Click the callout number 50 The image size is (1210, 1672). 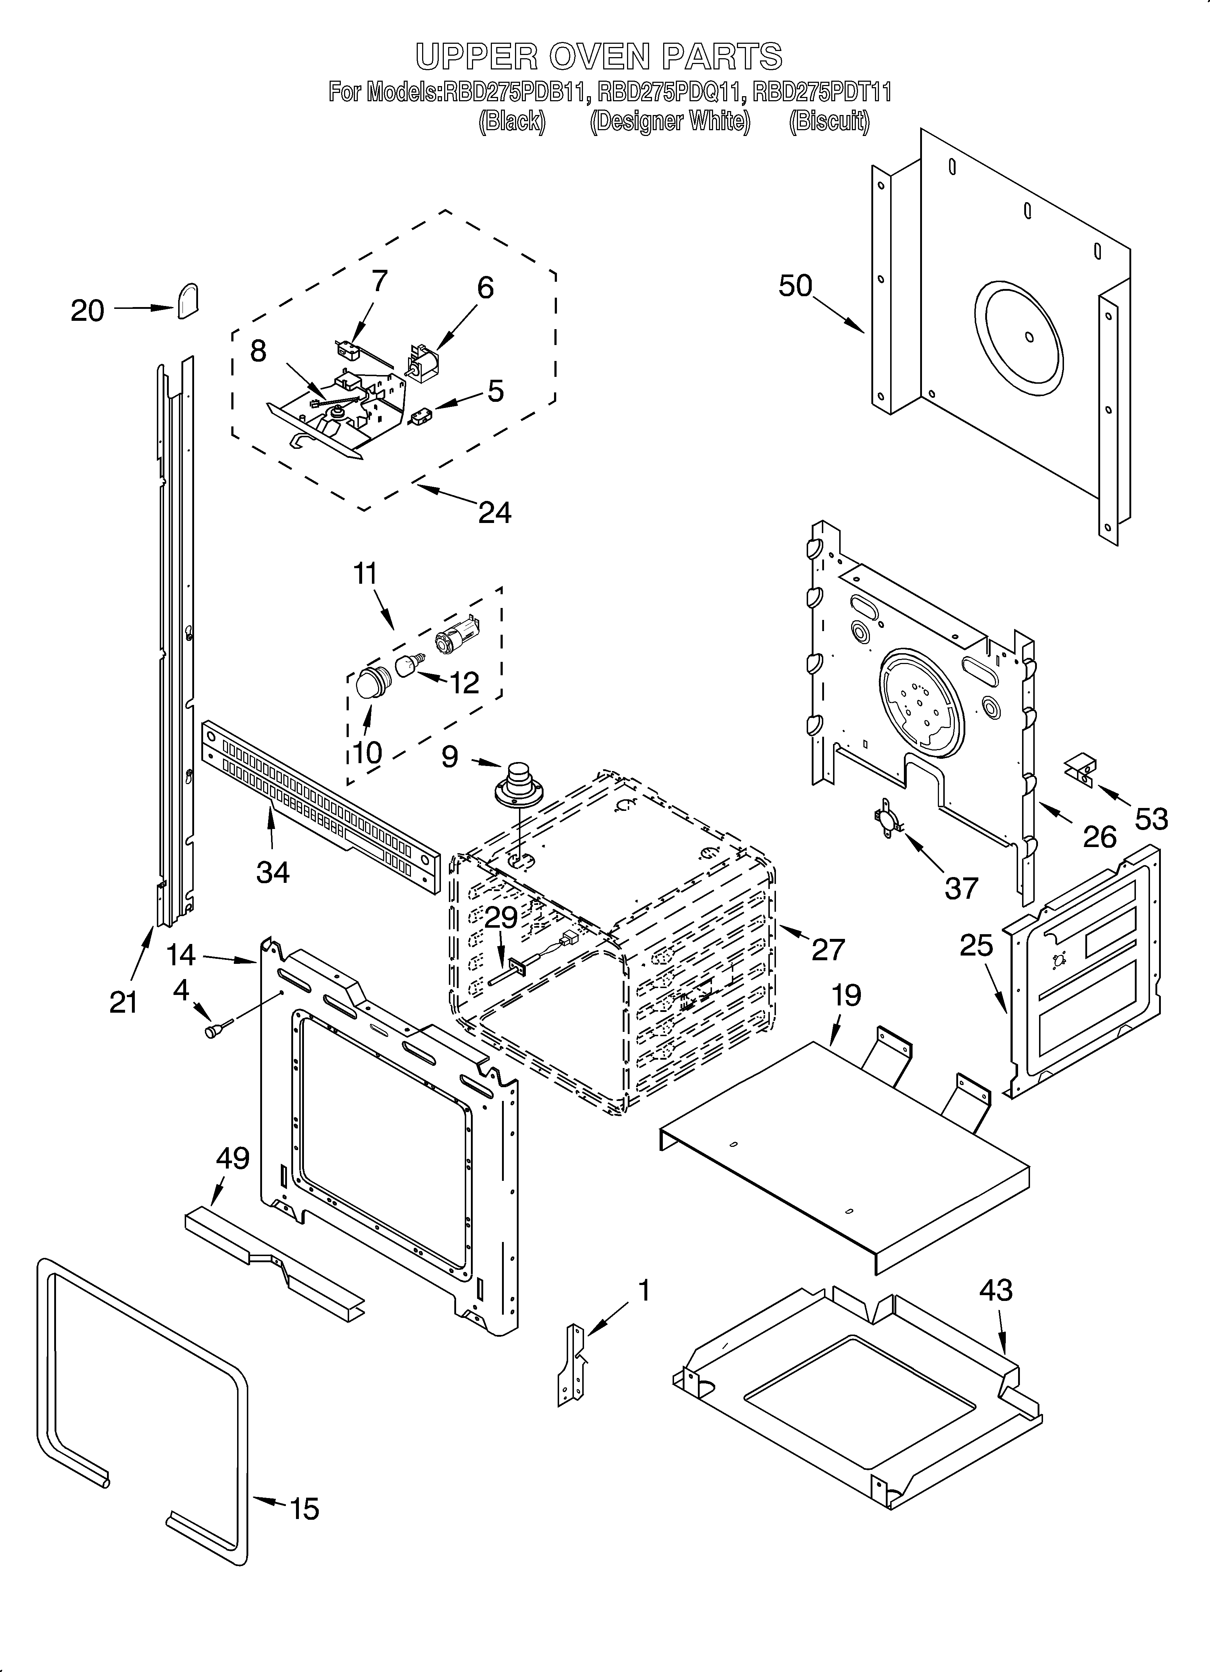(795, 286)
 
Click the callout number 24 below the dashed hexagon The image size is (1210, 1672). (494, 512)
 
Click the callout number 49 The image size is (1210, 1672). (232, 1158)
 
